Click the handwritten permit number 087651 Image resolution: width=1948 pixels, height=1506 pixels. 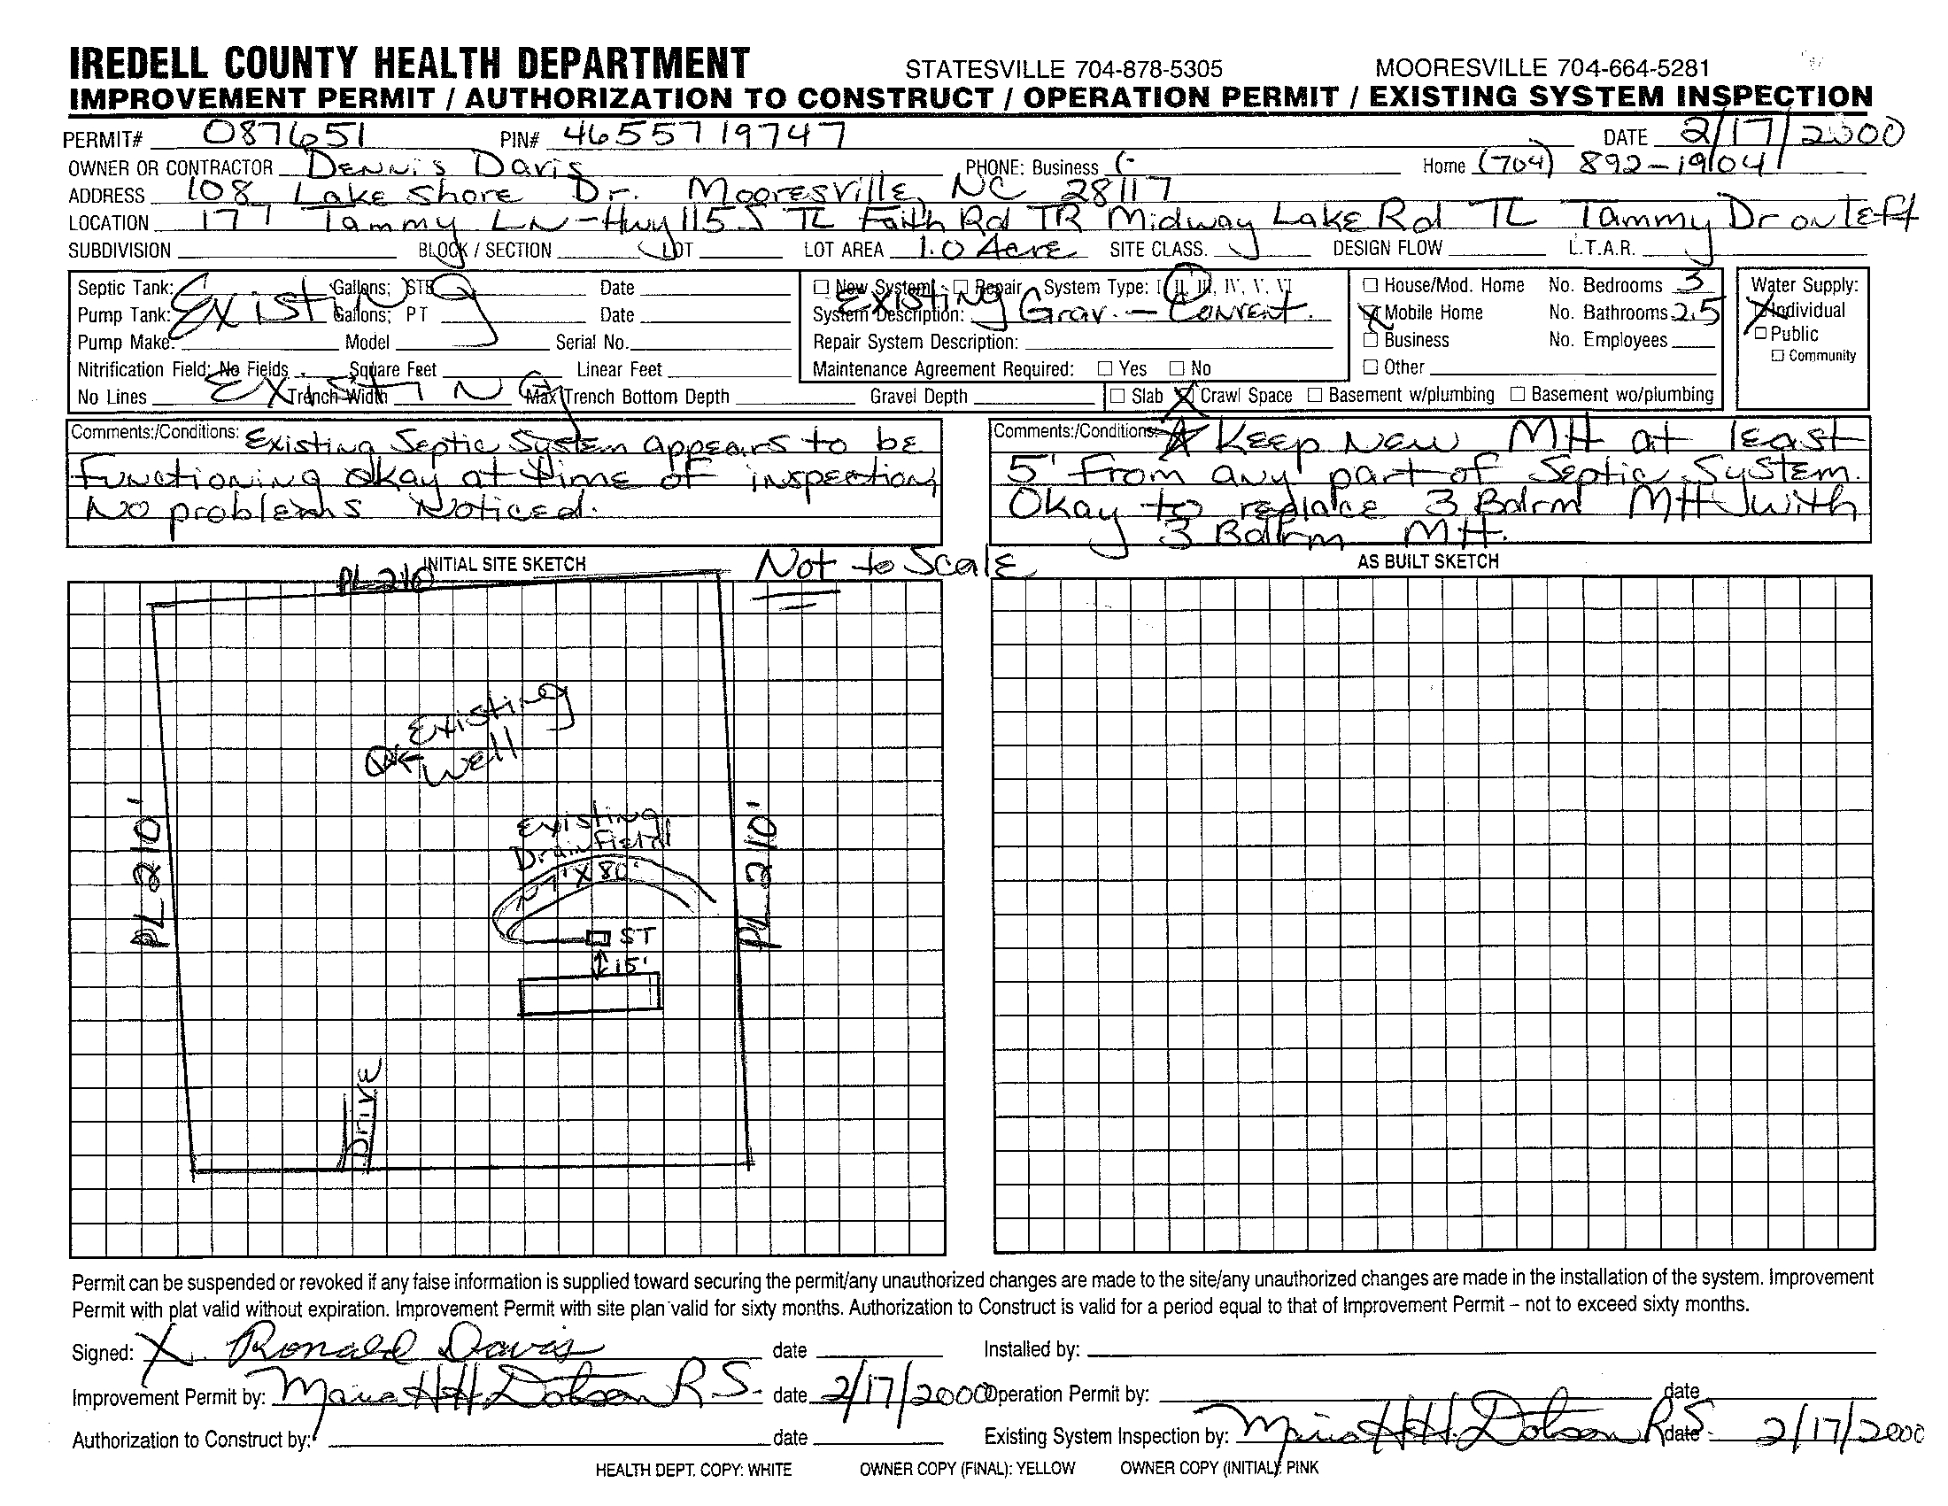click(283, 135)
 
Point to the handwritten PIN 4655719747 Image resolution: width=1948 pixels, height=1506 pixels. click(696, 135)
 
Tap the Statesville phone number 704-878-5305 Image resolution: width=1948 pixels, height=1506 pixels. click(1063, 70)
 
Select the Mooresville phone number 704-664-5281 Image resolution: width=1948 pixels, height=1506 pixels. click(1542, 68)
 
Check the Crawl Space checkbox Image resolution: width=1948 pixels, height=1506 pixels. click(1185, 395)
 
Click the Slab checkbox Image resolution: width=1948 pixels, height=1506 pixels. click(1117, 396)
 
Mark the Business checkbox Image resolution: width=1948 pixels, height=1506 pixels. click(1371, 340)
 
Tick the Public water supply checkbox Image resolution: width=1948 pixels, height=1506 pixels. click(1759, 334)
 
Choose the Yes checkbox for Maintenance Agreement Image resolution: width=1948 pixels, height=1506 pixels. click(1105, 368)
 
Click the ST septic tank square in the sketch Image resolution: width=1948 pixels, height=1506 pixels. click(599, 937)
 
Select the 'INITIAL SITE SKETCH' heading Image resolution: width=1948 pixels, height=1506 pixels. click(504, 564)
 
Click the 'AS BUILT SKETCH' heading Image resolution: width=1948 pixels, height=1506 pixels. click(1427, 561)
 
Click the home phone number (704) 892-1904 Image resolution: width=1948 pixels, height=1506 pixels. click(1614, 164)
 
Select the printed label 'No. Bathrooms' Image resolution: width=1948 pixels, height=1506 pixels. click(1607, 313)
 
